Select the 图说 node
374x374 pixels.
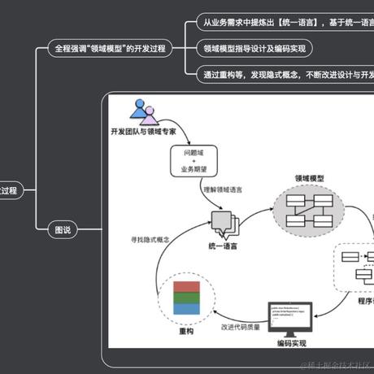pyautogui.click(x=61, y=230)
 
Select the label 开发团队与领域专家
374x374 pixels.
pyautogui.click(x=143, y=130)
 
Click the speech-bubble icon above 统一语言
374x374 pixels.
pyautogui.click(x=221, y=220)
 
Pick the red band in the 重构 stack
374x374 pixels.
pyautogui.click(x=186, y=287)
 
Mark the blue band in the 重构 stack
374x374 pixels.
pyautogui.click(x=186, y=309)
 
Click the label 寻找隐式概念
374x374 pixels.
pyautogui.click(x=152, y=241)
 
